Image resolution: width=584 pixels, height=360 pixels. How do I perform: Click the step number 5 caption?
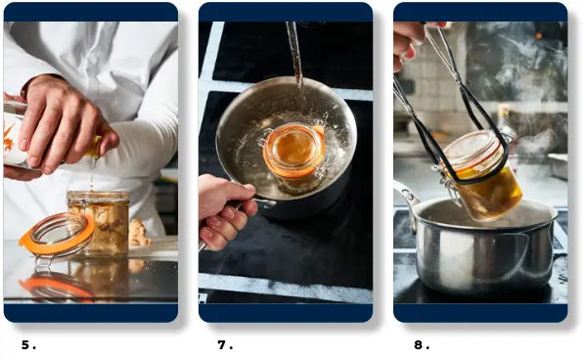point(28,345)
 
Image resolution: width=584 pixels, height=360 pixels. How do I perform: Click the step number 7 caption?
point(225,345)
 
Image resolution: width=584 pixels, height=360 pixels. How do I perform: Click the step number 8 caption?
point(422,345)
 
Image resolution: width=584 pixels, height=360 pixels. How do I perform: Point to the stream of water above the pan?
point(295,56)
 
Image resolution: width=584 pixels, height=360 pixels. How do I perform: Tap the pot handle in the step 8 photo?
point(407,202)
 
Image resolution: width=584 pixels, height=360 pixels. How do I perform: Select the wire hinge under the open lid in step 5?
point(45,261)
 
